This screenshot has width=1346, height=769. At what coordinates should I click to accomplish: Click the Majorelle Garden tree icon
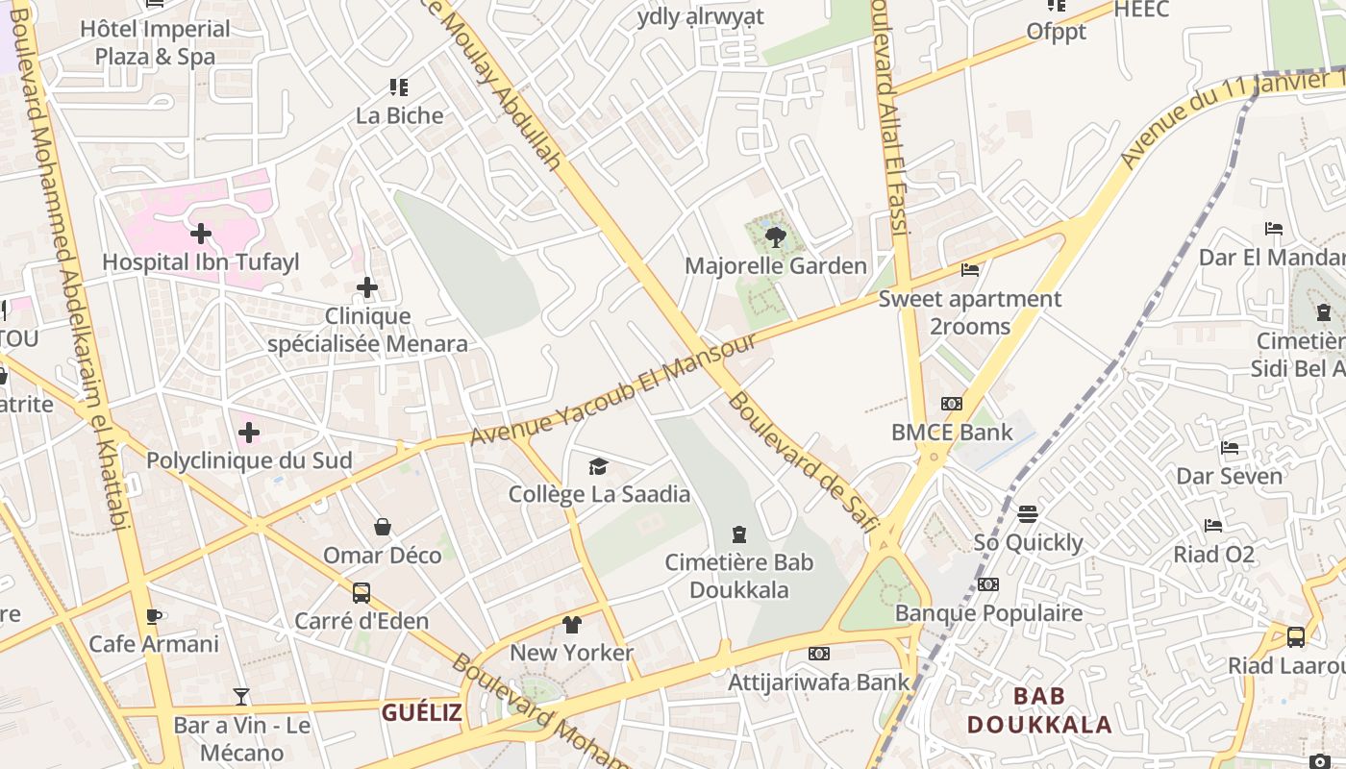click(x=775, y=236)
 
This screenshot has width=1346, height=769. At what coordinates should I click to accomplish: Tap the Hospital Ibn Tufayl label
click(x=201, y=261)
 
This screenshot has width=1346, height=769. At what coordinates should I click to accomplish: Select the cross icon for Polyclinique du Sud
click(x=249, y=433)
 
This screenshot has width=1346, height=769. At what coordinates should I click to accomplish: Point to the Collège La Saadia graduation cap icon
click(x=599, y=466)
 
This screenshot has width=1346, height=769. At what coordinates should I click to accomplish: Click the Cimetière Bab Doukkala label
click(x=739, y=576)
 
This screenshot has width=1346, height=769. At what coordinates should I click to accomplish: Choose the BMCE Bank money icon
click(x=952, y=404)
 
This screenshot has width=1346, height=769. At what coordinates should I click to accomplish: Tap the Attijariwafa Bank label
click(x=818, y=682)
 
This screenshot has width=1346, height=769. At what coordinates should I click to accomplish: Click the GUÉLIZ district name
click(x=421, y=712)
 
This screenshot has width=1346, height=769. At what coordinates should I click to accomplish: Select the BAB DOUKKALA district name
click(x=1039, y=708)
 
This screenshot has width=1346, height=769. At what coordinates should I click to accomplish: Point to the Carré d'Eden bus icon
click(x=361, y=593)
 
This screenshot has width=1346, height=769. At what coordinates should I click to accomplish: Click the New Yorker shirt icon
click(x=572, y=625)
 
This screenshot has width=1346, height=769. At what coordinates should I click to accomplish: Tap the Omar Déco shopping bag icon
click(x=383, y=527)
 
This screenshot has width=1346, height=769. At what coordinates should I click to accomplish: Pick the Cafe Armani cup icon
click(x=153, y=616)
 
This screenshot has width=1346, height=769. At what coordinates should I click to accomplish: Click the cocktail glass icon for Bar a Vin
click(x=241, y=697)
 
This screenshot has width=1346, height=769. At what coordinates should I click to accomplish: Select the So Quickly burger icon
click(x=1028, y=514)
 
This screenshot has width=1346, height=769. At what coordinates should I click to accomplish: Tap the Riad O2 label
click(x=1213, y=554)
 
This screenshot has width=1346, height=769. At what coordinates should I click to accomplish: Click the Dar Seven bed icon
click(x=1229, y=448)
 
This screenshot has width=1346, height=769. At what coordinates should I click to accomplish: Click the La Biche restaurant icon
click(x=399, y=87)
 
